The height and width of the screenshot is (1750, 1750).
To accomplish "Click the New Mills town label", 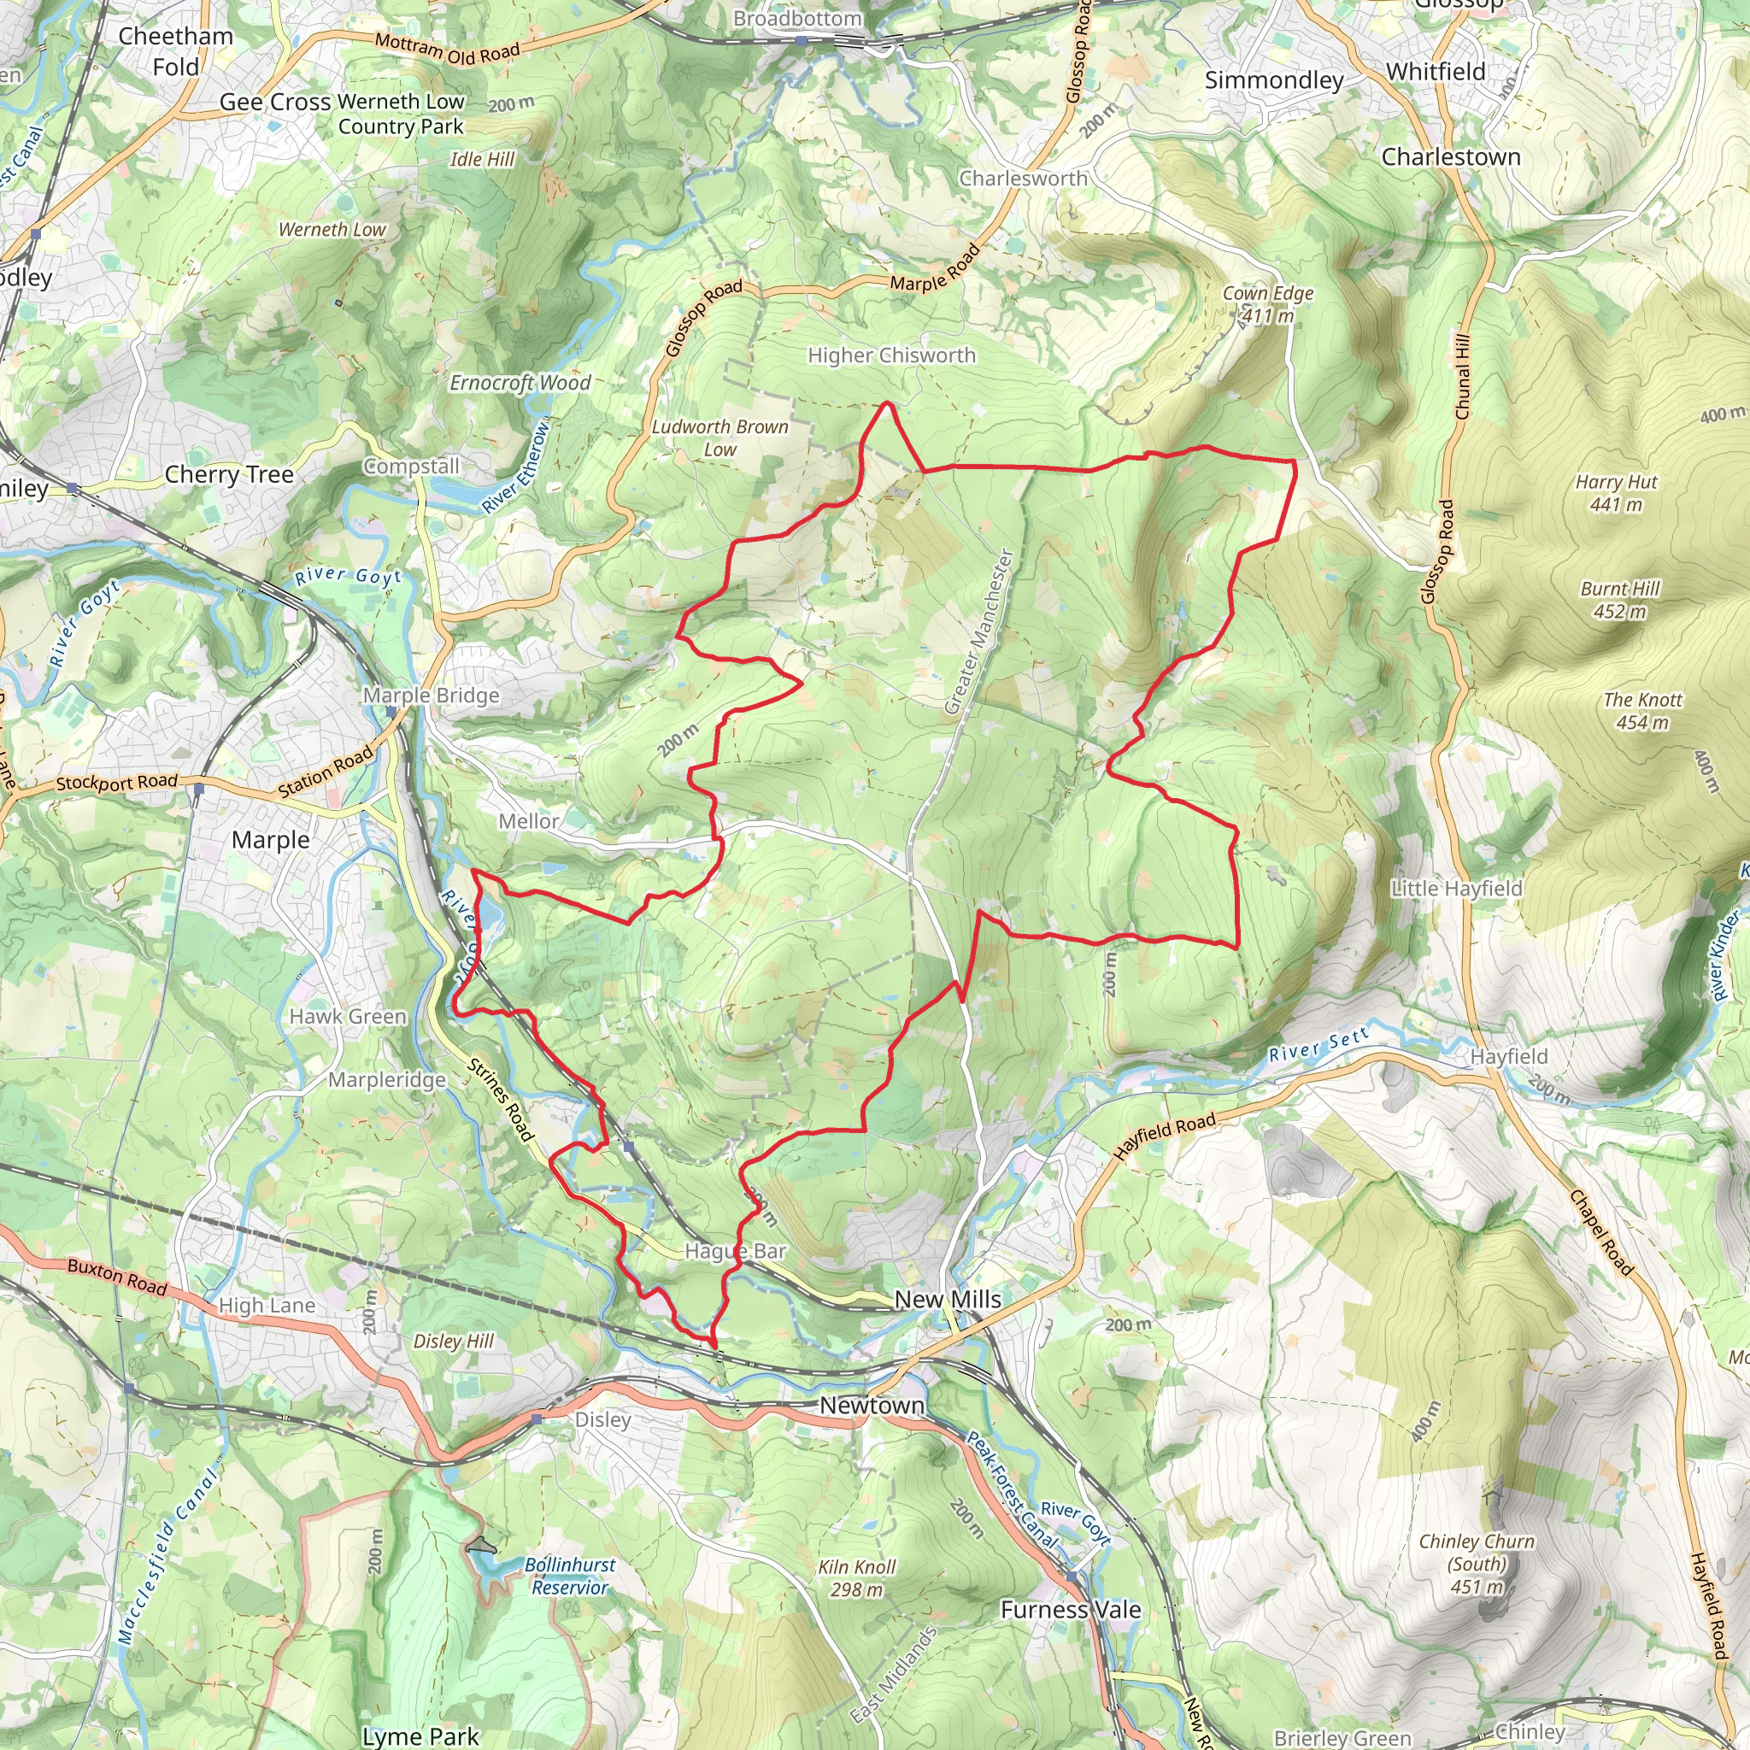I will point(948,1299).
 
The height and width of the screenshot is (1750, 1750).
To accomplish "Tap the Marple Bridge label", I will point(432,695).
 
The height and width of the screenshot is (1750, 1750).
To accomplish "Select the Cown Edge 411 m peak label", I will point(1267,304).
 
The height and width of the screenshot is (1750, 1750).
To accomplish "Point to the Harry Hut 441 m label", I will point(1616,493).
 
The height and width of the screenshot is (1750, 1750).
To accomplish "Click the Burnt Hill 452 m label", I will point(1619,600).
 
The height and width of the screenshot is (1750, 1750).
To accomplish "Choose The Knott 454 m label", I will point(1642,711).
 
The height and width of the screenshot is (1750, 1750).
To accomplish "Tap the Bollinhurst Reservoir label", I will point(570,1576).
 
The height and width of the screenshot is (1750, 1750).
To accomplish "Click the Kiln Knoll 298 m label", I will point(856,1578).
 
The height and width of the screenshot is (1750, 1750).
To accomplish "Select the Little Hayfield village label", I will point(1457,888).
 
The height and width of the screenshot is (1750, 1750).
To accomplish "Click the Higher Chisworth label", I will point(891,355).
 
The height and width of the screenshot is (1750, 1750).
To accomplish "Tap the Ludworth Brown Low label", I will point(720,437).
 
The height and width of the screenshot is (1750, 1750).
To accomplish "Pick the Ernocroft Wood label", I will point(520,382).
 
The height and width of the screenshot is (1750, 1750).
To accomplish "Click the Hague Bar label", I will point(735,1251).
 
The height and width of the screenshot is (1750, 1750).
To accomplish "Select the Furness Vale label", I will point(1070,1610).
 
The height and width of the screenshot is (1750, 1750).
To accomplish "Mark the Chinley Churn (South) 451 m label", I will point(1477,1564).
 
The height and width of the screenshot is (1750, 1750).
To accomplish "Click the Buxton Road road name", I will point(117,1277).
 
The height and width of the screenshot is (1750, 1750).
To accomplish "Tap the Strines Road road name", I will point(500,1099).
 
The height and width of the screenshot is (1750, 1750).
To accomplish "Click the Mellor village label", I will point(528,820).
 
